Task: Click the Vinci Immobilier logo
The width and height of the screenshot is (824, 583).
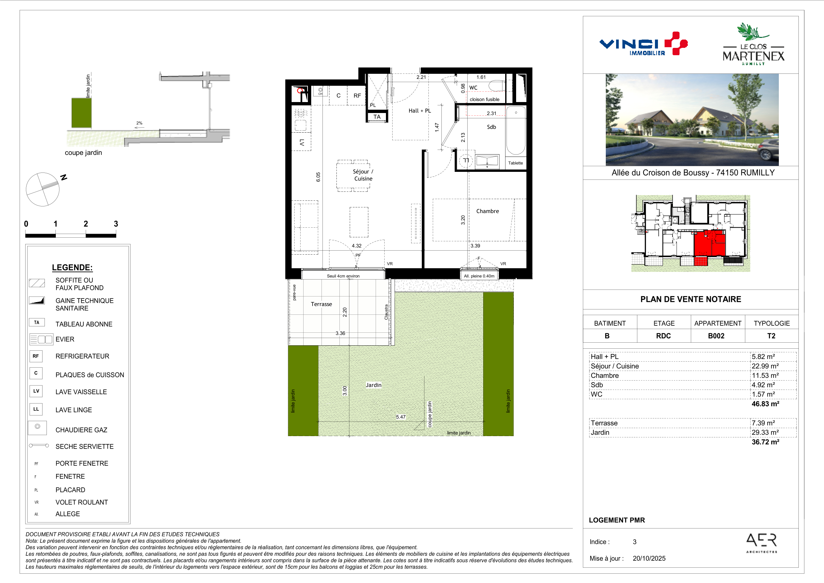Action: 643,44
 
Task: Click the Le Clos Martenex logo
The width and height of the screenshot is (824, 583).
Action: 753,44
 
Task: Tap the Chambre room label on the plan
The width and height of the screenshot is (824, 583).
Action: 487,211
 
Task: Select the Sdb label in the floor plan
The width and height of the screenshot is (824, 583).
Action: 491,127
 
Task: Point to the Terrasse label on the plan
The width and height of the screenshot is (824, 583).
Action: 321,304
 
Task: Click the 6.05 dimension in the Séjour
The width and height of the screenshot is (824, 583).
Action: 318,177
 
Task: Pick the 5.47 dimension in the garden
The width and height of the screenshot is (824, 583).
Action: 401,417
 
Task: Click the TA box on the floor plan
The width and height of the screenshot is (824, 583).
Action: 377,117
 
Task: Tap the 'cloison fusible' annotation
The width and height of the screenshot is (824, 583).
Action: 485,99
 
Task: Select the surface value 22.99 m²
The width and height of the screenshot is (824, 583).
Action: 765,366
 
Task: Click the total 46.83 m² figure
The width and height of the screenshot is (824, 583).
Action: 765,404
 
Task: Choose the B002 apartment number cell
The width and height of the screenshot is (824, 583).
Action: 716,336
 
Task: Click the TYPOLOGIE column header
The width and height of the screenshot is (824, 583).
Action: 772,323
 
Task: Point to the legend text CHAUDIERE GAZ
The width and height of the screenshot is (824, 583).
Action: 81,430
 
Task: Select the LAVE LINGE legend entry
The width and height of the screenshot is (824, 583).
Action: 74,410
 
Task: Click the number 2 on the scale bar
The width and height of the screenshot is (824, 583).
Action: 86,224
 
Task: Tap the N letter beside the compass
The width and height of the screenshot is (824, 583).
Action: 64,177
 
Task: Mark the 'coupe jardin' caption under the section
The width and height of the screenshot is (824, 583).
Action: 83,153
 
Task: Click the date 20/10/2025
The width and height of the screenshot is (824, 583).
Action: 649,558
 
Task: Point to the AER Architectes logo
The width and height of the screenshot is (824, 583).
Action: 761,543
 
